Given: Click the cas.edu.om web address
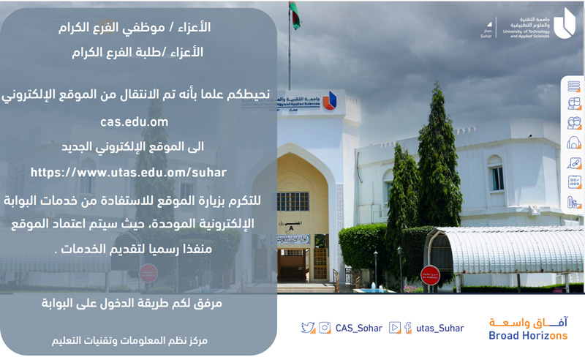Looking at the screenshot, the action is tap(135, 121).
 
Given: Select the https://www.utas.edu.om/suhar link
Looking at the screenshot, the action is tap(129, 172).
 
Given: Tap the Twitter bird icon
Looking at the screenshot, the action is tap(308, 328).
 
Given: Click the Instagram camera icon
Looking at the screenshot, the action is tap(325, 328).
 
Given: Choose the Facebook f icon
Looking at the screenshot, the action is tap(408, 328).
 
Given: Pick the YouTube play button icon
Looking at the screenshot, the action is tap(395, 328).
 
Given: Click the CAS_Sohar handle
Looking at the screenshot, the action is tap(359, 328).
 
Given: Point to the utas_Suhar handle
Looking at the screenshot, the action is tap(440, 328).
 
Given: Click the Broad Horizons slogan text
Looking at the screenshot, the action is tap(528, 335).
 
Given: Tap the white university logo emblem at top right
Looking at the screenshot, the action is tap(564, 24).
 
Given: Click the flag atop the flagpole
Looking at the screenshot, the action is tap(295, 15).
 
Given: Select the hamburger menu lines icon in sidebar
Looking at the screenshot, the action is tap(574, 86).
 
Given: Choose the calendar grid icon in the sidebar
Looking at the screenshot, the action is tap(575, 182).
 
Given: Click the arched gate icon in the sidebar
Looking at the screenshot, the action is tap(574, 143).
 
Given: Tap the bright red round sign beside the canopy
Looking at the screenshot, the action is tap(430, 276).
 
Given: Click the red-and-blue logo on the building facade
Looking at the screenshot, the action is tap(330, 101).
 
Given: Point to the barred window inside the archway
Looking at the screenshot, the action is tap(293, 201).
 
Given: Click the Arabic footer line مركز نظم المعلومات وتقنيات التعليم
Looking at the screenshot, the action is tap(129, 340).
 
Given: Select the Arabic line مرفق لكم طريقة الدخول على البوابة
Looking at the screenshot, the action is tap(132, 303).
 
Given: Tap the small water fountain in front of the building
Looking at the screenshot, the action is tap(373, 288).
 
